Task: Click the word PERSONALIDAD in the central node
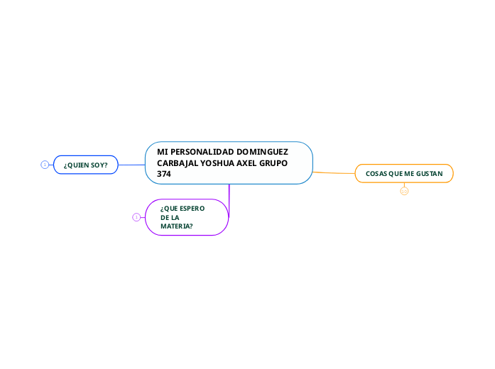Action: point(202,152)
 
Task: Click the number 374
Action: point(164,173)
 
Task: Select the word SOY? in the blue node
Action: point(99,165)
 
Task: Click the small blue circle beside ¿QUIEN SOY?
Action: point(45,165)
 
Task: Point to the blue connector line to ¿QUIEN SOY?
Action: point(131,165)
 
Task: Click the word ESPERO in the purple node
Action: point(192,208)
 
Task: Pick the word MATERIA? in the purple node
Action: point(177,226)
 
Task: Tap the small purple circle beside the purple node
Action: point(136,217)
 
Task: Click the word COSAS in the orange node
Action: point(377,174)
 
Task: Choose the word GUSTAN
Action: point(429,174)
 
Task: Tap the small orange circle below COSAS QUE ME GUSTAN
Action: point(404,191)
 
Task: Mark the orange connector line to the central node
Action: point(334,172)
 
